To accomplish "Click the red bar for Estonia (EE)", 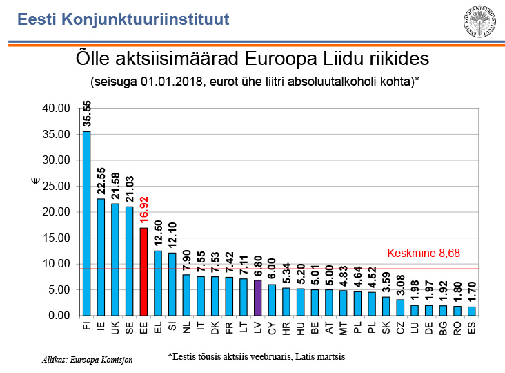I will (x=143, y=271).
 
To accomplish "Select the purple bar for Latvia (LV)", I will (x=257, y=298).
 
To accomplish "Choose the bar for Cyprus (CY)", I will (x=272, y=300).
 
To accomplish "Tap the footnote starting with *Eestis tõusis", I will (x=256, y=357).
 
